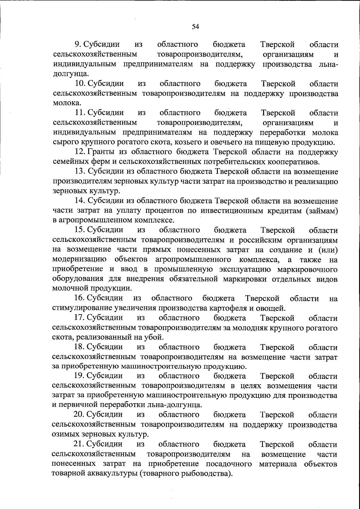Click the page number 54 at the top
click(195, 27)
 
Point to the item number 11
click(80, 113)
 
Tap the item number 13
click(80, 171)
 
